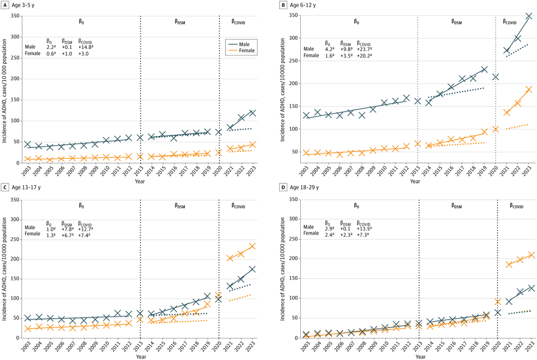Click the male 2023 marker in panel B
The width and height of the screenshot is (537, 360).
(528, 16)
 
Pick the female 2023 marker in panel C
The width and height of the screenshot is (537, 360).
(252, 246)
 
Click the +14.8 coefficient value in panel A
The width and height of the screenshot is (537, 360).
(86, 46)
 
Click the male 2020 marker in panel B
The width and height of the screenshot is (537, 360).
(495, 77)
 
